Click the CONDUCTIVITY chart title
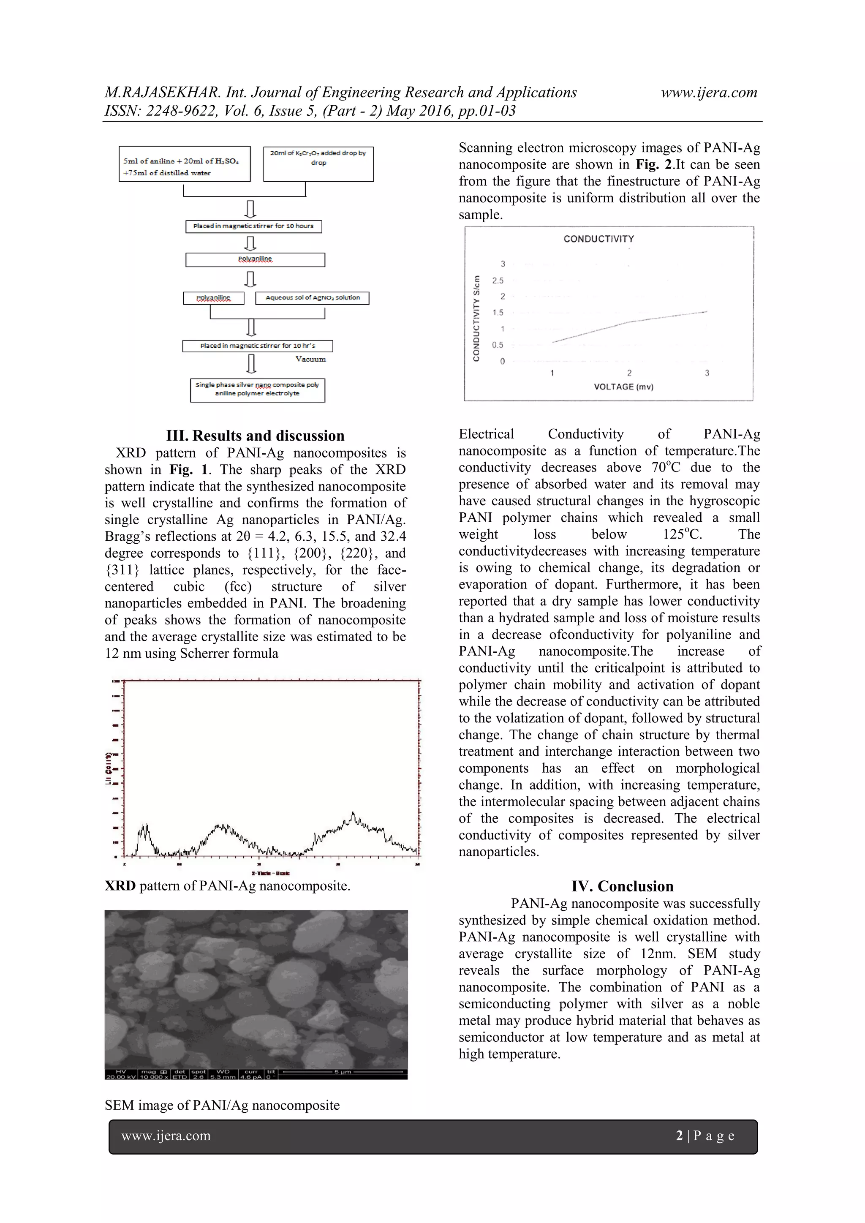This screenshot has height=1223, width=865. [x=598, y=239]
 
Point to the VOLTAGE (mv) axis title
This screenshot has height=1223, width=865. [x=623, y=387]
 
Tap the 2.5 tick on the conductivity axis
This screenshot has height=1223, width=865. [x=498, y=281]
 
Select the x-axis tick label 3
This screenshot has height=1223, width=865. [x=707, y=373]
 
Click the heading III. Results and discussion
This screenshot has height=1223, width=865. [x=255, y=436]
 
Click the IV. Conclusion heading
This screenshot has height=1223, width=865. [x=622, y=886]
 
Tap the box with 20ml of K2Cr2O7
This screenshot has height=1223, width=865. [x=318, y=163]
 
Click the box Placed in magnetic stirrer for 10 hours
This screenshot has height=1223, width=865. [x=253, y=226]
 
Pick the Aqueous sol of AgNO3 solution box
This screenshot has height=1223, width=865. [x=313, y=298]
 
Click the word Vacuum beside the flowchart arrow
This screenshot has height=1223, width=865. [x=310, y=360]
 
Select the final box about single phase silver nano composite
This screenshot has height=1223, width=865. [x=257, y=390]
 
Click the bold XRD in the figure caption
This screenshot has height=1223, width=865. [x=120, y=886]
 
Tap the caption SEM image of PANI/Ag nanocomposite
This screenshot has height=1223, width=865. [x=222, y=1105]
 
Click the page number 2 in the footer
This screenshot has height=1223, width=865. [x=679, y=1136]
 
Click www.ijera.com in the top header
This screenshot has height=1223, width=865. [x=709, y=93]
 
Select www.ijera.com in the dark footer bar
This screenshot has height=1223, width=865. [x=166, y=1136]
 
